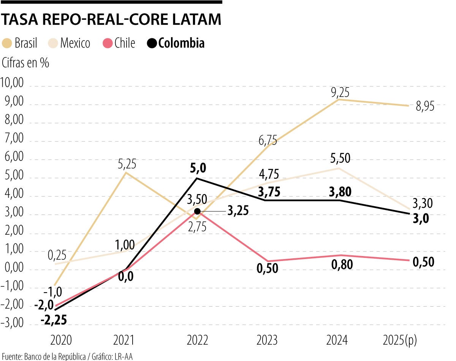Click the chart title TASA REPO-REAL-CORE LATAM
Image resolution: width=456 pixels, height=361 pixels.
[111, 20]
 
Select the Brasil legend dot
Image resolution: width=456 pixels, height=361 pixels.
[7, 43]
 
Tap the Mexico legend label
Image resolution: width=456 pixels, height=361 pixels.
[75, 43]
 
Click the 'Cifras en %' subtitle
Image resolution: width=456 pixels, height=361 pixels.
[25, 63]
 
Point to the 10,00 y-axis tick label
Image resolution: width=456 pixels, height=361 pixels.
[12, 82]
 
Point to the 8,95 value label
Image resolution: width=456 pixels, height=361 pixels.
[425, 107]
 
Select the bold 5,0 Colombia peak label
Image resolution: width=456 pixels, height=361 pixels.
[197, 167]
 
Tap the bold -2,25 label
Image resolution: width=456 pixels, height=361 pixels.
[54, 320]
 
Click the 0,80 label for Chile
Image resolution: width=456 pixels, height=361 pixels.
[342, 264]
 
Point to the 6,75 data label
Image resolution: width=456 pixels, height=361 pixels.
[268, 141]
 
